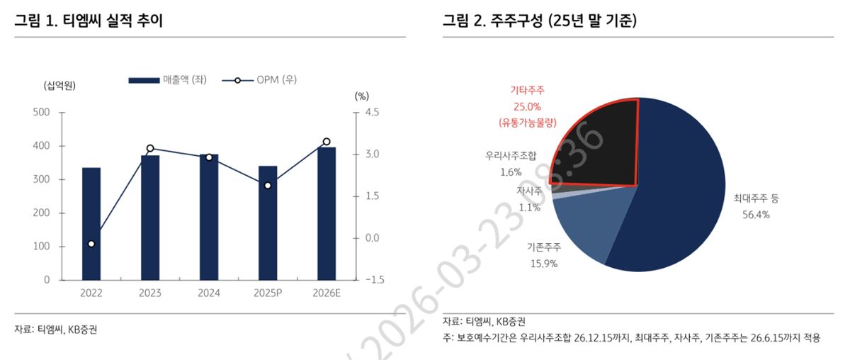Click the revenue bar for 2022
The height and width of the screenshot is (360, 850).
pyautogui.click(x=91, y=224)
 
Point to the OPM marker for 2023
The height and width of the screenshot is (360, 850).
pyautogui.click(x=150, y=149)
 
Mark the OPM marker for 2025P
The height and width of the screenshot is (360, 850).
pyautogui.click(x=268, y=186)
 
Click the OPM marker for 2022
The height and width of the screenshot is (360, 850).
pyautogui.click(x=91, y=244)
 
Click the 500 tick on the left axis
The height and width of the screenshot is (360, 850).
pyautogui.click(x=42, y=112)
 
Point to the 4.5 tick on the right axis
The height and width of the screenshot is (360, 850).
pyautogui.click(x=372, y=112)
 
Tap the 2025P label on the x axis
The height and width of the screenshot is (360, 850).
pyautogui.click(x=268, y=293)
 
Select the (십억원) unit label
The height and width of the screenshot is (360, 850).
pyautogui.click(x=60, y=86)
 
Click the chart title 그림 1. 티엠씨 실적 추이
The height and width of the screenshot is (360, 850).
pyautogui.click(x=89, y=21)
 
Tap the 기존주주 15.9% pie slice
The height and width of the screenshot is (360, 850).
pyautogui.click(x=588, y=227)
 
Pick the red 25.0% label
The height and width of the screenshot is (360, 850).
pyautogui.click(x=527, y=106)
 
